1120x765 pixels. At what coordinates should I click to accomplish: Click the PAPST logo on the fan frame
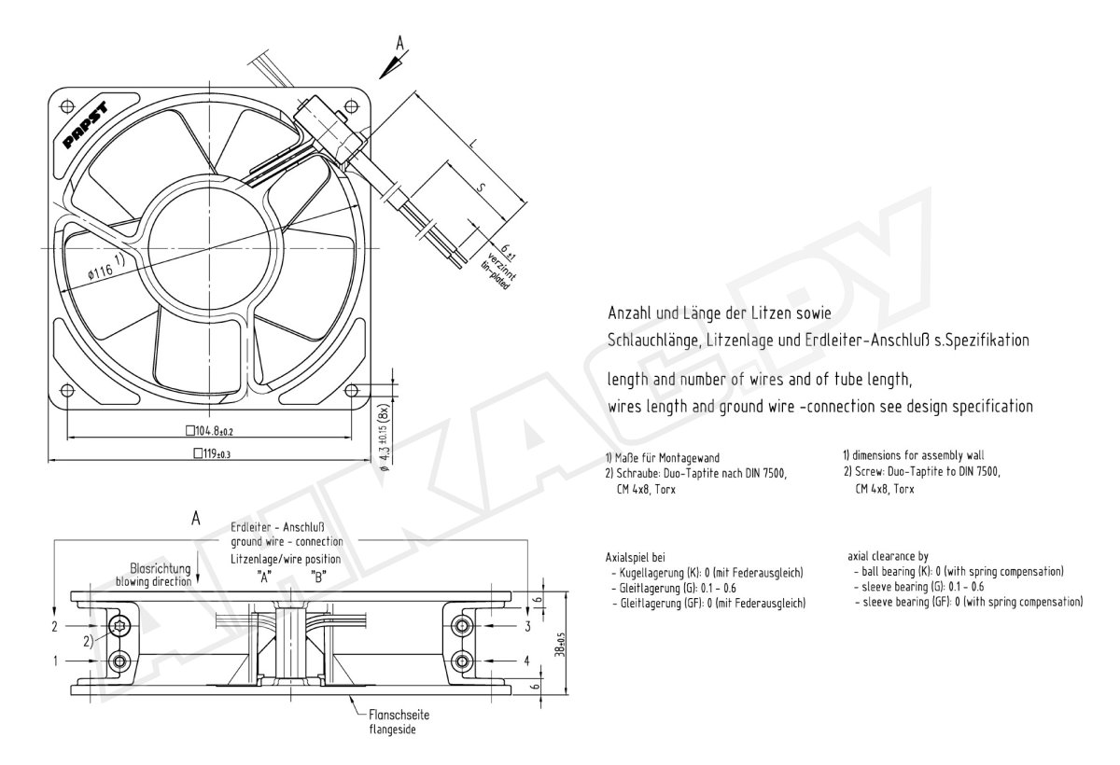coord(86,125)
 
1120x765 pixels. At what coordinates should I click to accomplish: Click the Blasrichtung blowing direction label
coord(153,574)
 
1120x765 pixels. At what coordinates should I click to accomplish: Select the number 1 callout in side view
coord(55,661)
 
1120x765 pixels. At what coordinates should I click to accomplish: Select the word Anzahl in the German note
coord(627,313)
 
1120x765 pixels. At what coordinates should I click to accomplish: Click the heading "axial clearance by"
coord(888,556)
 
